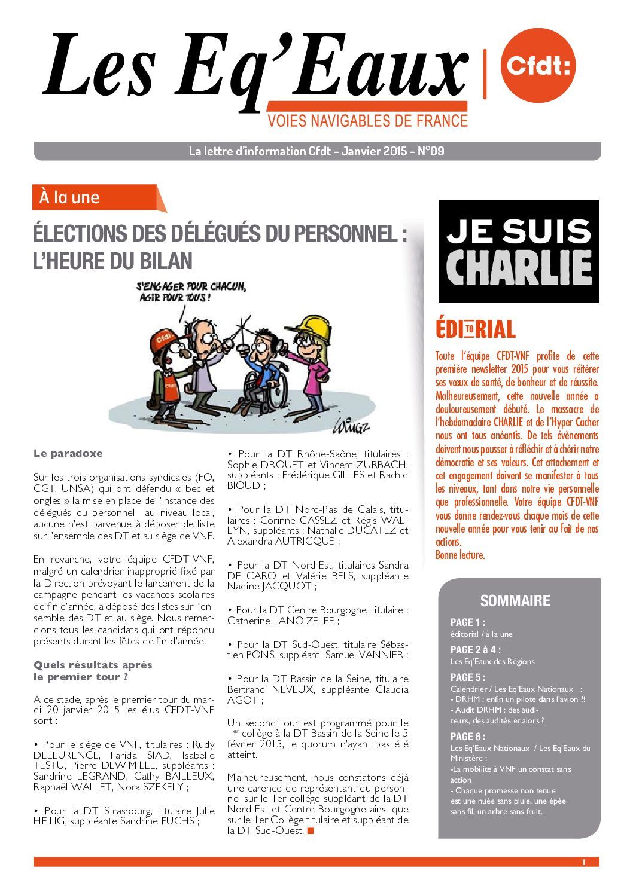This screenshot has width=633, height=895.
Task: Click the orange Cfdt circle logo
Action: pos(538,65)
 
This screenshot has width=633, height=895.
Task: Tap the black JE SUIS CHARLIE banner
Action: pos(518,251)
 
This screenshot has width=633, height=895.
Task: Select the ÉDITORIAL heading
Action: pos(476,329)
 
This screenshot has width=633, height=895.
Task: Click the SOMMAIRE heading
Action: pos(515,601)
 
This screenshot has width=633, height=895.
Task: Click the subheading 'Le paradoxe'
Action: pos(68,453)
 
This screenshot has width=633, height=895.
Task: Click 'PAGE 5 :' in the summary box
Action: pos(468,677)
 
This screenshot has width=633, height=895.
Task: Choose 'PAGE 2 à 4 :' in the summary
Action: pos(476,650)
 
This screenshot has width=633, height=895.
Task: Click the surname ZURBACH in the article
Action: pos(384,465)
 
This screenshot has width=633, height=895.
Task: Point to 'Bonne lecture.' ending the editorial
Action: pos(459,555)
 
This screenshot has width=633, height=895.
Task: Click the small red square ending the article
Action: pos(310,831)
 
